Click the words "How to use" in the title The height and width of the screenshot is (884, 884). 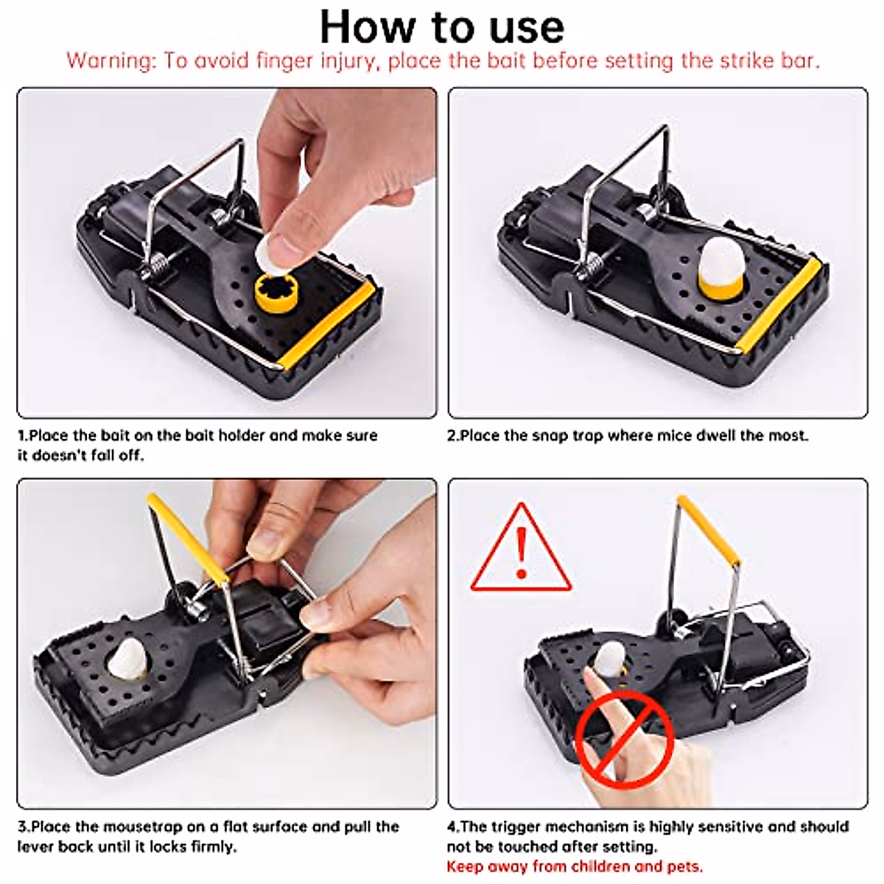tap(441, 27)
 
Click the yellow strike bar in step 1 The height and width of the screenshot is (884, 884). tap(328, 326)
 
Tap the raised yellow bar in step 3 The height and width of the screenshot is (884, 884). tap(188, 539)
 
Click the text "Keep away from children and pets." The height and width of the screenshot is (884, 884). tap(575, 866)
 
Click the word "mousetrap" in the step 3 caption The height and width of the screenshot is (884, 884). tap(143, 827)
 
